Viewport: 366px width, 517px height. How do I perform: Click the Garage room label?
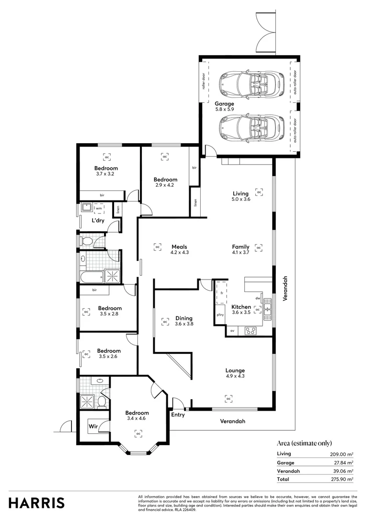coord(224,104)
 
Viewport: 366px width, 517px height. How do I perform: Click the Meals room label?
coord(180,247)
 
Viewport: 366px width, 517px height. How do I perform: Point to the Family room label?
coord(240,247)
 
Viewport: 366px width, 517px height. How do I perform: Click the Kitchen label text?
coord(241,307)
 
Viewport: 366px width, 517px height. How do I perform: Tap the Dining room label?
coord(183,318)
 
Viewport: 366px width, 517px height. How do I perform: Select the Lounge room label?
coord(235,370)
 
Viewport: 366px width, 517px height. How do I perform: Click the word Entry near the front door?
coord(178,415)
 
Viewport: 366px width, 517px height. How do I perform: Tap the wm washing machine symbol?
coord(99,208)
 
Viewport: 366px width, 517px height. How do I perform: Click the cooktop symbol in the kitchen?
coord(250,330)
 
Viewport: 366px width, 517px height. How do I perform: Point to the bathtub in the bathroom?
coord(91,276)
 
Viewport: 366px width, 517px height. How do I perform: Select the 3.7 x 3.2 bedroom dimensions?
coord(105,174)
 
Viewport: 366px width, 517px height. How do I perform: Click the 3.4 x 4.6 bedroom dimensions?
coord(137,418)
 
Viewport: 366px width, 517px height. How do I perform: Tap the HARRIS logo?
coord(36,503)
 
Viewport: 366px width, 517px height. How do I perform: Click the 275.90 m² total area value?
coord(343,479)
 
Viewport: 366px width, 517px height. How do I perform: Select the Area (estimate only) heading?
coord(304,443)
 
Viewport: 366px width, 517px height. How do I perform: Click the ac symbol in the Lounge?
coord(229,398)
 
